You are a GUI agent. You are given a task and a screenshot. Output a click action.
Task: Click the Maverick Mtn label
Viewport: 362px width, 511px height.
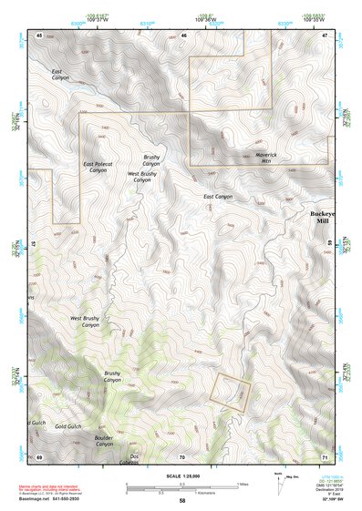[x=240, y=158]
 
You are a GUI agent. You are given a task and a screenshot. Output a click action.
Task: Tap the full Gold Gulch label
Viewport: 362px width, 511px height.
[x=68, y=425]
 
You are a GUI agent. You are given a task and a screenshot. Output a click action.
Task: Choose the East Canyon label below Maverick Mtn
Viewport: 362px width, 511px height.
[x=217, y=197]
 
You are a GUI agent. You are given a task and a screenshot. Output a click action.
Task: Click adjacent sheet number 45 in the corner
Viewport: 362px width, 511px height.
[x=39, y=35]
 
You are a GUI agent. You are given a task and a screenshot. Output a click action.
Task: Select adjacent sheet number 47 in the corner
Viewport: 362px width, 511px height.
[x=325, y=35]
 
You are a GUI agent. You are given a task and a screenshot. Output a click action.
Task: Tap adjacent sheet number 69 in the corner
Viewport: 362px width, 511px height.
[x=39, y=455]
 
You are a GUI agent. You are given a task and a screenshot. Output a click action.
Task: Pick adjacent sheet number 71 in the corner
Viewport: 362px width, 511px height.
[x=325, y=455]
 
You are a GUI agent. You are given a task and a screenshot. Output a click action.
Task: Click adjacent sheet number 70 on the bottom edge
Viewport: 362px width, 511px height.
[x=181, y=455]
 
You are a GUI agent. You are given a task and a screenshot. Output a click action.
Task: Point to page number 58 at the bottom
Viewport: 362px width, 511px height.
[x=181, y=501]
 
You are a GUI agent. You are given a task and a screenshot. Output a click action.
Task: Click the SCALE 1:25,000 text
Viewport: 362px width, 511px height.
[x=181, y=472]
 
